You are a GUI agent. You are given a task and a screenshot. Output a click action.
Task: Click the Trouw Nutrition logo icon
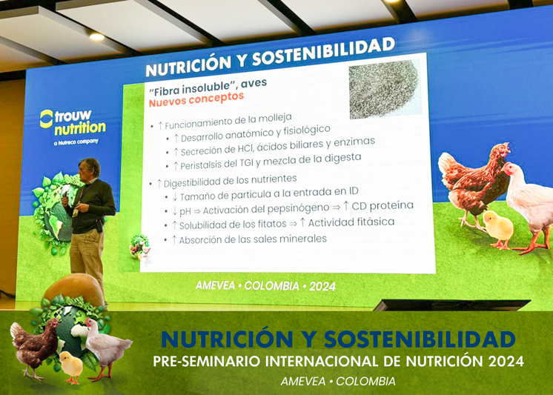coord(46,119)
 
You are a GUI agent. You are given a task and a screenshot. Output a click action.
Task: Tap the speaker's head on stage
coord(90,168)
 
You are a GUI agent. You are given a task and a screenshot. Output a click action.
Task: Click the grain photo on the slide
coord(385,88)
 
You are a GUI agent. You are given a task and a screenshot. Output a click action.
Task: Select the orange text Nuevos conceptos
coord(196,99)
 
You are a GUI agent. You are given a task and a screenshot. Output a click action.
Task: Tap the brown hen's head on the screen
coord(501,150)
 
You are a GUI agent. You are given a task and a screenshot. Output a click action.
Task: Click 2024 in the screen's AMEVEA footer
coord(322,286)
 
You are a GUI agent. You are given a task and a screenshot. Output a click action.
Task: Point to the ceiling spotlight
coord(96,36)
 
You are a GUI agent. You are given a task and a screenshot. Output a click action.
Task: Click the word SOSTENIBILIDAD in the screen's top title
coord(323,53)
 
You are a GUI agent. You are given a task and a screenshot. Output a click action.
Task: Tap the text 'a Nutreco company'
coord(76,142)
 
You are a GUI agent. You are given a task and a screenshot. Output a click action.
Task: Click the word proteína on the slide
coord(391,205)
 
